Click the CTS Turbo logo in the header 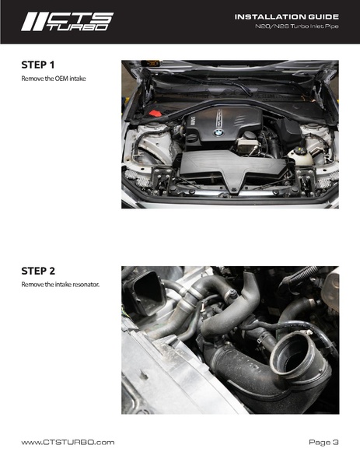(x=67, y=22)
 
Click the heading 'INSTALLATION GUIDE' (x=287, y=16)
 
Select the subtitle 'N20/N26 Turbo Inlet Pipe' (x=297, y=26)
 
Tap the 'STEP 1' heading (x=38, y=65)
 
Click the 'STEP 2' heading (x=38, y=271)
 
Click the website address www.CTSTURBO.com (x=68, y=442)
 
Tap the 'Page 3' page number (x=323, y=442)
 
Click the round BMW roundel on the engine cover (x=218, y=133)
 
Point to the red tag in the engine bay (x=155, y=114)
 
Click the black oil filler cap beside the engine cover (x=192, y=138)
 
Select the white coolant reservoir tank (x=300, y=156)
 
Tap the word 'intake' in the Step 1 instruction (x=78, y=79)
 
